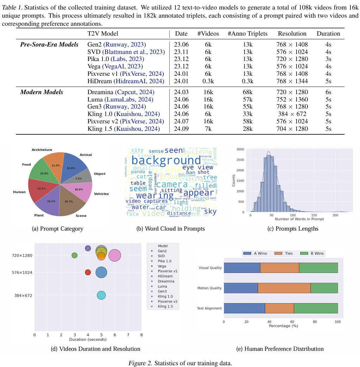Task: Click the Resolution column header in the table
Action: (x=292, y=34)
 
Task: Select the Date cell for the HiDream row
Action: (x=181, y=81)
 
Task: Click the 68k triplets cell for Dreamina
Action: (x=247, y=92)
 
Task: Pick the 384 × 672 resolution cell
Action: (x=292, y=114)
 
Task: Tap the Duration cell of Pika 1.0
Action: (x=328, y=59)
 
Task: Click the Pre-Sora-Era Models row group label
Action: (x=49, y=44)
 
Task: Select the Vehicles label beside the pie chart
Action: (x=101, y=194)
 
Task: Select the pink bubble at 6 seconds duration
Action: (x=114, y=256)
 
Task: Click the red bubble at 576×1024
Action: (x=88, y=273)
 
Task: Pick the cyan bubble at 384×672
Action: (x=101, y=295)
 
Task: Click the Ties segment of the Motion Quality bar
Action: (x=284, y=288)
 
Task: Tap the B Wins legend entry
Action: (x=311, y=253)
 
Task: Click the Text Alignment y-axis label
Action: (x=209, y=308)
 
